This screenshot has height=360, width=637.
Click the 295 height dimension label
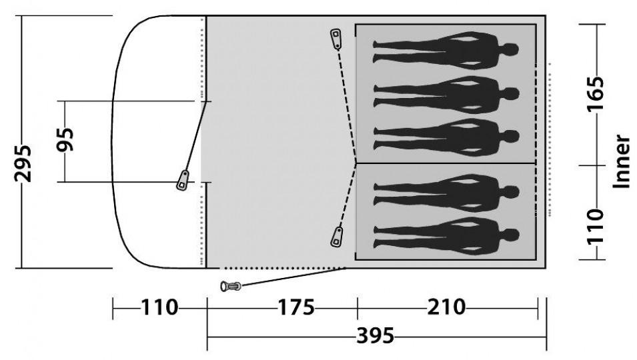click(x=23, y=163)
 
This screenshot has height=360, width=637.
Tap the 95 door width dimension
click(x=65, y=139)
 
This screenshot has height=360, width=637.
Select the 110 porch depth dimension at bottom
click(x=159, y=307)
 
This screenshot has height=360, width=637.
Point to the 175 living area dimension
click(x=295, y=307)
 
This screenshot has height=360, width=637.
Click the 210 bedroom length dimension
click(x=446, y=307)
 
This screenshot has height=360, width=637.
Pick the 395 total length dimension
click(x=376, y=336)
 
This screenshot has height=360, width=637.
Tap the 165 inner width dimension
click(x=596, y=93)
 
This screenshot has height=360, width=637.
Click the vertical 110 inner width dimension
click(x=596, y=227)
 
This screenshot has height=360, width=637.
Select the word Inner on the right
click(x=621, y=161)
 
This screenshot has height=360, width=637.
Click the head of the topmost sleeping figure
click(x=511, y=49)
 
